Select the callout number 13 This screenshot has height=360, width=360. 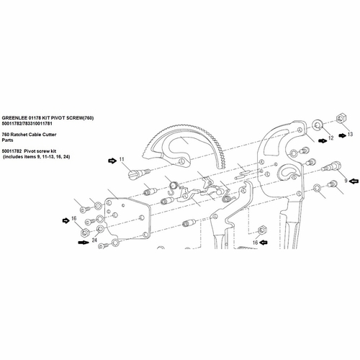pos(350,135)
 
